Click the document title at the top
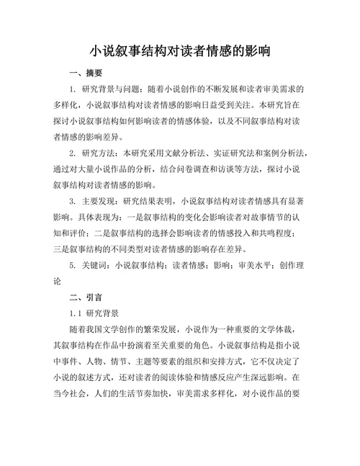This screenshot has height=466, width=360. click(x=180, y=51)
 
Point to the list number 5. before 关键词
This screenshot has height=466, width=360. click(x=73, y=264)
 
